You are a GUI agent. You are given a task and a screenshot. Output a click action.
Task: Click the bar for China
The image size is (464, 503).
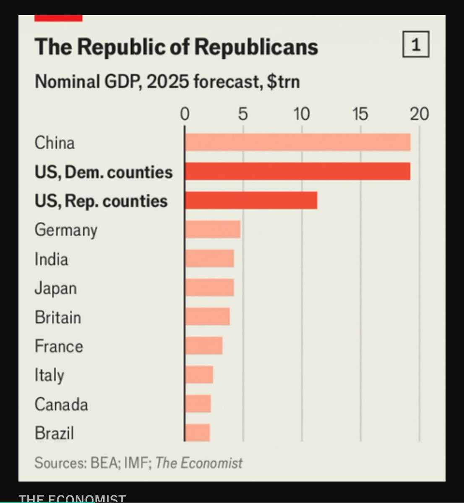tap(298, 142)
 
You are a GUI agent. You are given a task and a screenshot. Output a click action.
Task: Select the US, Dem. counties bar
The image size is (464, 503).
tap(298, 171)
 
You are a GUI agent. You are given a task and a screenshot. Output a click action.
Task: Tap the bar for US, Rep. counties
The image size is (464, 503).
tap(251, 200)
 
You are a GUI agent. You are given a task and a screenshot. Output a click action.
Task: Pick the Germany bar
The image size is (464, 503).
tap(213, 229)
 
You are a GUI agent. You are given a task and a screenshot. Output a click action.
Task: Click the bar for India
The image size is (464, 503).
tap(210, 258)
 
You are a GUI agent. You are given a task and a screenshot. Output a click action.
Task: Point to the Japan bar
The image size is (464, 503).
tap(210, 288)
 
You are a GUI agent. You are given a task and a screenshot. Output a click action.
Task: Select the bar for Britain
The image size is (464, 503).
tap(207, 316)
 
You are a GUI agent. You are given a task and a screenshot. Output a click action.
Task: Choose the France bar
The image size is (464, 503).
tap(204, 345)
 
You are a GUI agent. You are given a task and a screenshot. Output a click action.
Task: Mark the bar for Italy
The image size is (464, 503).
tap(199, 375)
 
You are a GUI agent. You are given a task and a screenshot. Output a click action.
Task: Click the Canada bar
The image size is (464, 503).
tap(198, 404)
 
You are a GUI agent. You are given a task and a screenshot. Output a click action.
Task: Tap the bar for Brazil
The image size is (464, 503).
tap(197, 433)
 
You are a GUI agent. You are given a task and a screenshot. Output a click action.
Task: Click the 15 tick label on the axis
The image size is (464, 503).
tap(360, 114)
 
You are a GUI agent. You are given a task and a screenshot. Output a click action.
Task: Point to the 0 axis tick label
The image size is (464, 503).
tap(185, 114)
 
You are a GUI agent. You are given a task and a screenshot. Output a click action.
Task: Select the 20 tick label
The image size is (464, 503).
tap(419, 114)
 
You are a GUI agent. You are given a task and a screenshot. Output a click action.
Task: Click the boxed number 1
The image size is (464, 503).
tap(416, 44)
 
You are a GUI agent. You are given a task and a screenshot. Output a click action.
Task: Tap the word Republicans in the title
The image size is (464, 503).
tap(256, 47)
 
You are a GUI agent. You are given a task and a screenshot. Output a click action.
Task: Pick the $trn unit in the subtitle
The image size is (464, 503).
tap(284, 81)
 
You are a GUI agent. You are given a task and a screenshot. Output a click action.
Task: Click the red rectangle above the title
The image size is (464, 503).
tap(58, 18)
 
